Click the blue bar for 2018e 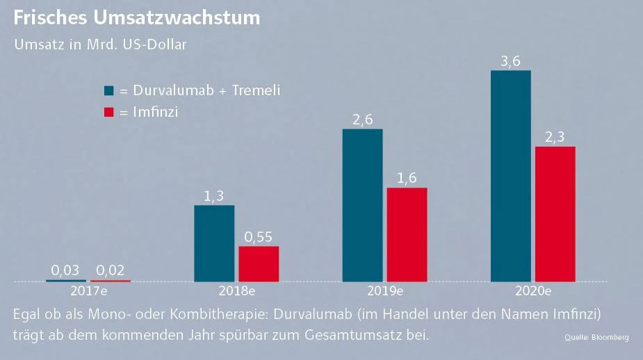pyautogui.click(x=214, y=243)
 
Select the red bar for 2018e pyautogui.click(x=259, y=264)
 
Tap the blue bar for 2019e pyautogui.click(x=362, y=205)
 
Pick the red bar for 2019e pyautogui.click(x=407, y=234)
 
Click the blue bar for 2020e pyautogui.click(x=510, y=176)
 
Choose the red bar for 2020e pyautogui.click(x=555, y=213)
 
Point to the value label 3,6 pyautogui.click(x=510, y=61)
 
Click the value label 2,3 pyautogui.click(x=555, y=137)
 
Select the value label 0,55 pyautogui.click(x=259, y=237)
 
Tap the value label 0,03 pyautogui.click(x=66, y=270)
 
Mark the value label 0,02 pyautogui.click(x=111, y=270)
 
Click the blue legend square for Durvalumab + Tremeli pyautogui.click(x=109, y=90)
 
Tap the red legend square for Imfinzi pyautogui.click(x=109, y=112)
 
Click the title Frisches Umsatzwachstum pyautogui.click(x=137, y=18)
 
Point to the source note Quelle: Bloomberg pyautogui.click(x=596, y=338)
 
